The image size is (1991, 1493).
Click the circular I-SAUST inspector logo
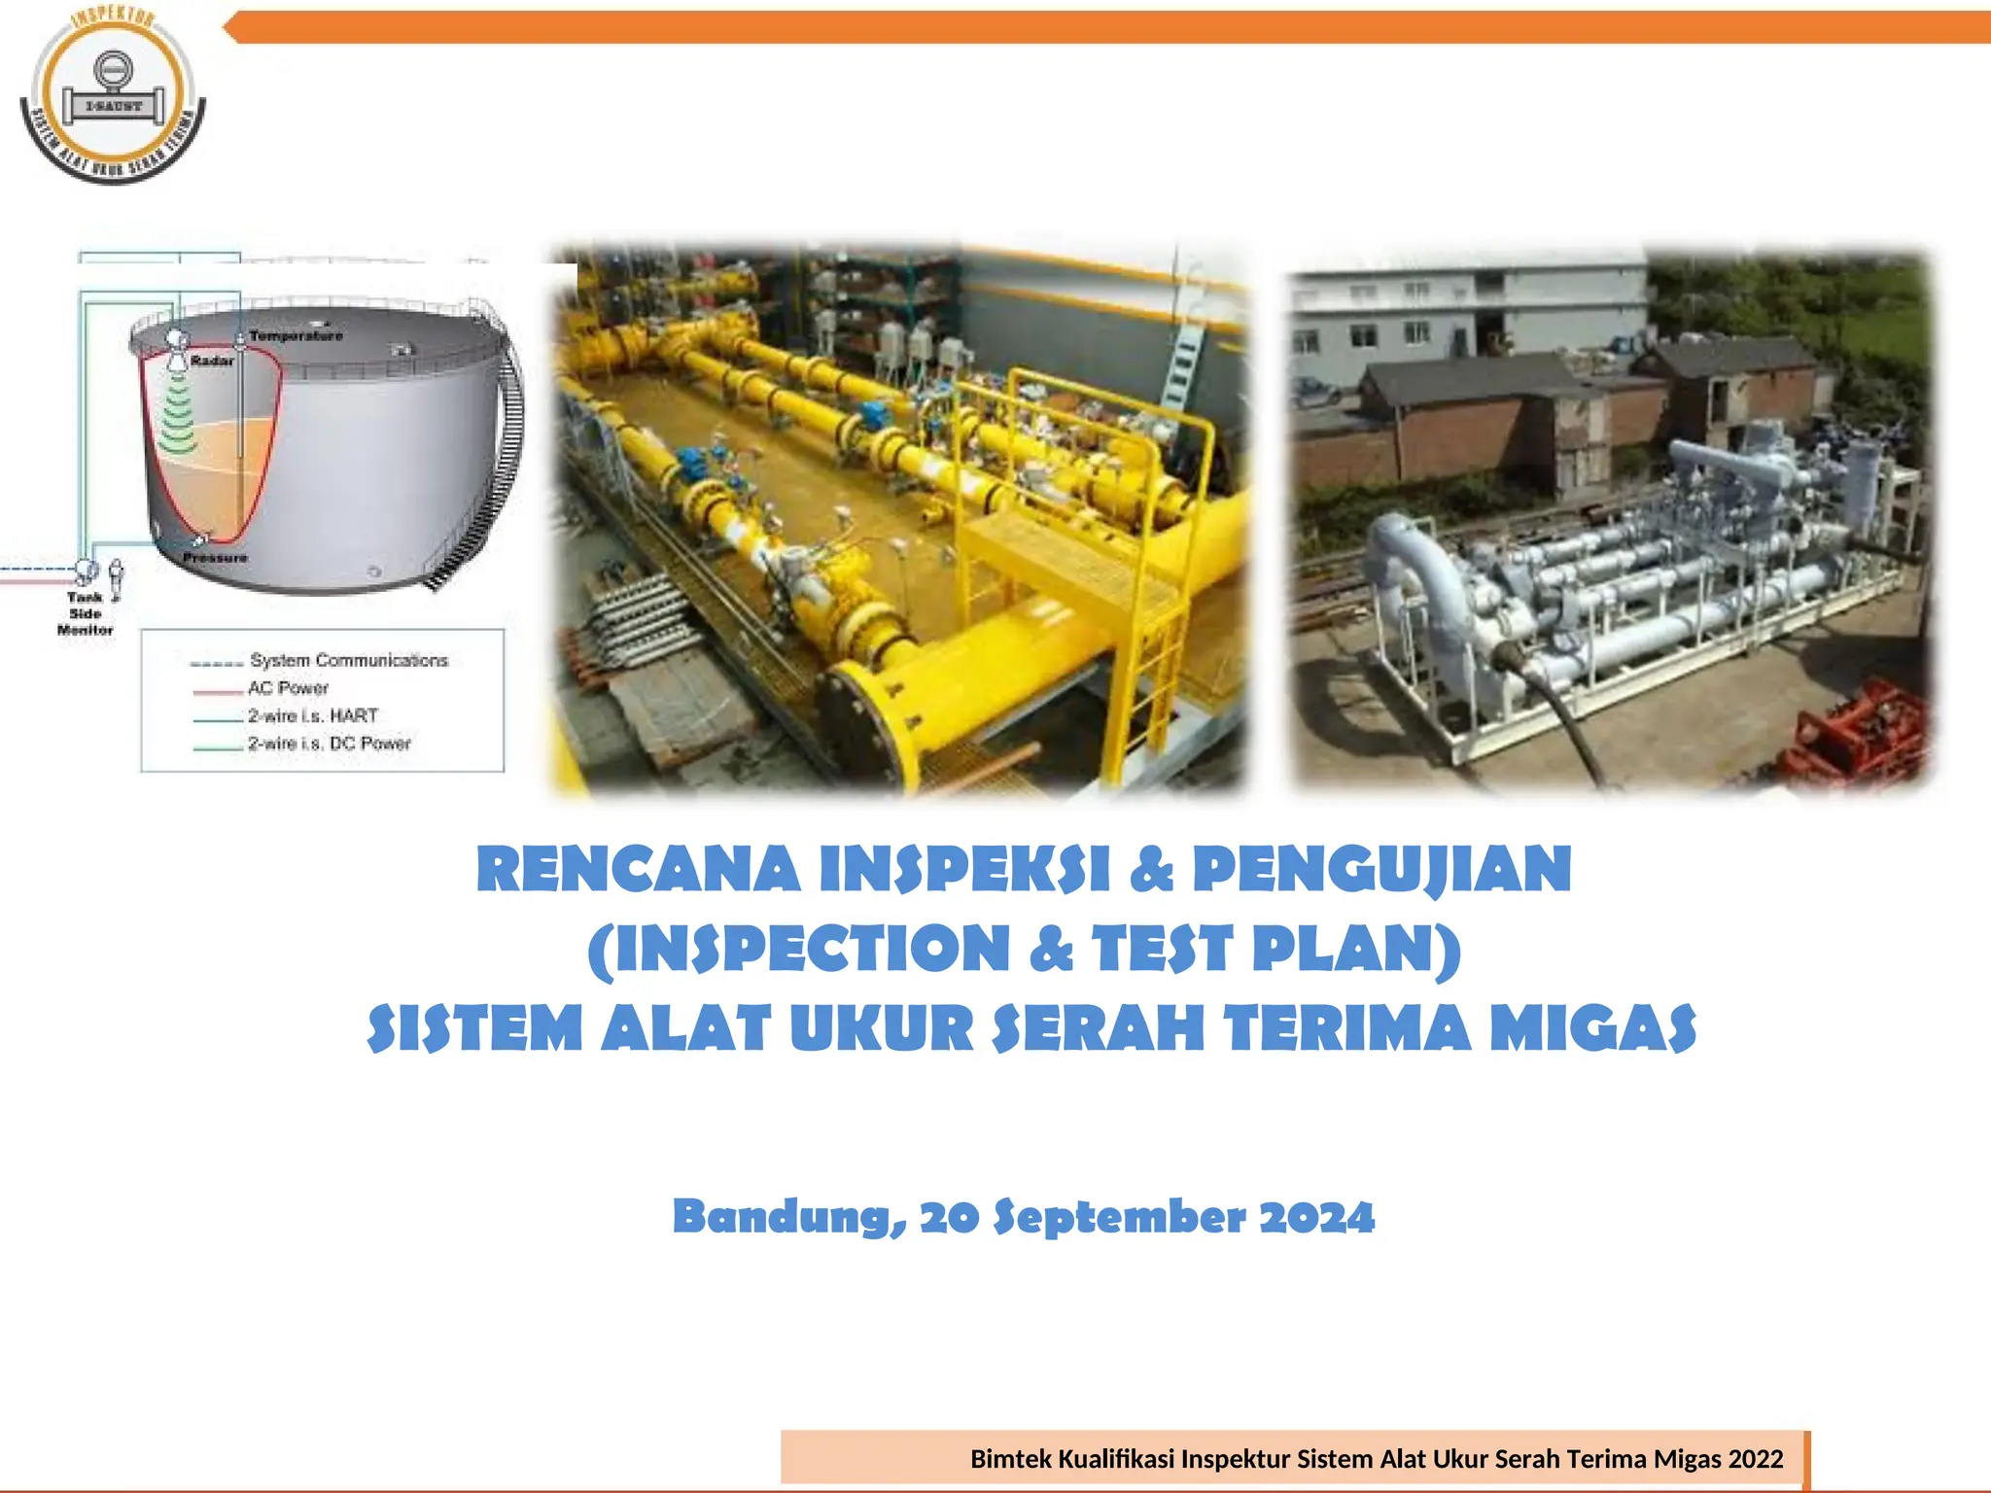[x=113, y=95]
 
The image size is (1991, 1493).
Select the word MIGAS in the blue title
[x=1593, y=1028]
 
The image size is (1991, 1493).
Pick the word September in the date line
[x=1119, y=1217]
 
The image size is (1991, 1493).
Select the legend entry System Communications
[x=348, y=661]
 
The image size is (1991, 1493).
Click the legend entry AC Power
[x=288, y=688]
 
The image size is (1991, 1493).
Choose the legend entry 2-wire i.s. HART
[x=312, y=716]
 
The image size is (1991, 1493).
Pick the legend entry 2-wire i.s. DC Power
[x=329, y=744]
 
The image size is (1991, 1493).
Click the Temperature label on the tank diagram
[x=296, y=336]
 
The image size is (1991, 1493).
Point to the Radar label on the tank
[x=212, y=361]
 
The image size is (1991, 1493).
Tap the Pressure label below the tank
[x=215, y=558]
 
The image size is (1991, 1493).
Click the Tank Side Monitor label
[x=86, y=613]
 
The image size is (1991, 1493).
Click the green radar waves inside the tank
[x=178, y=418]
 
